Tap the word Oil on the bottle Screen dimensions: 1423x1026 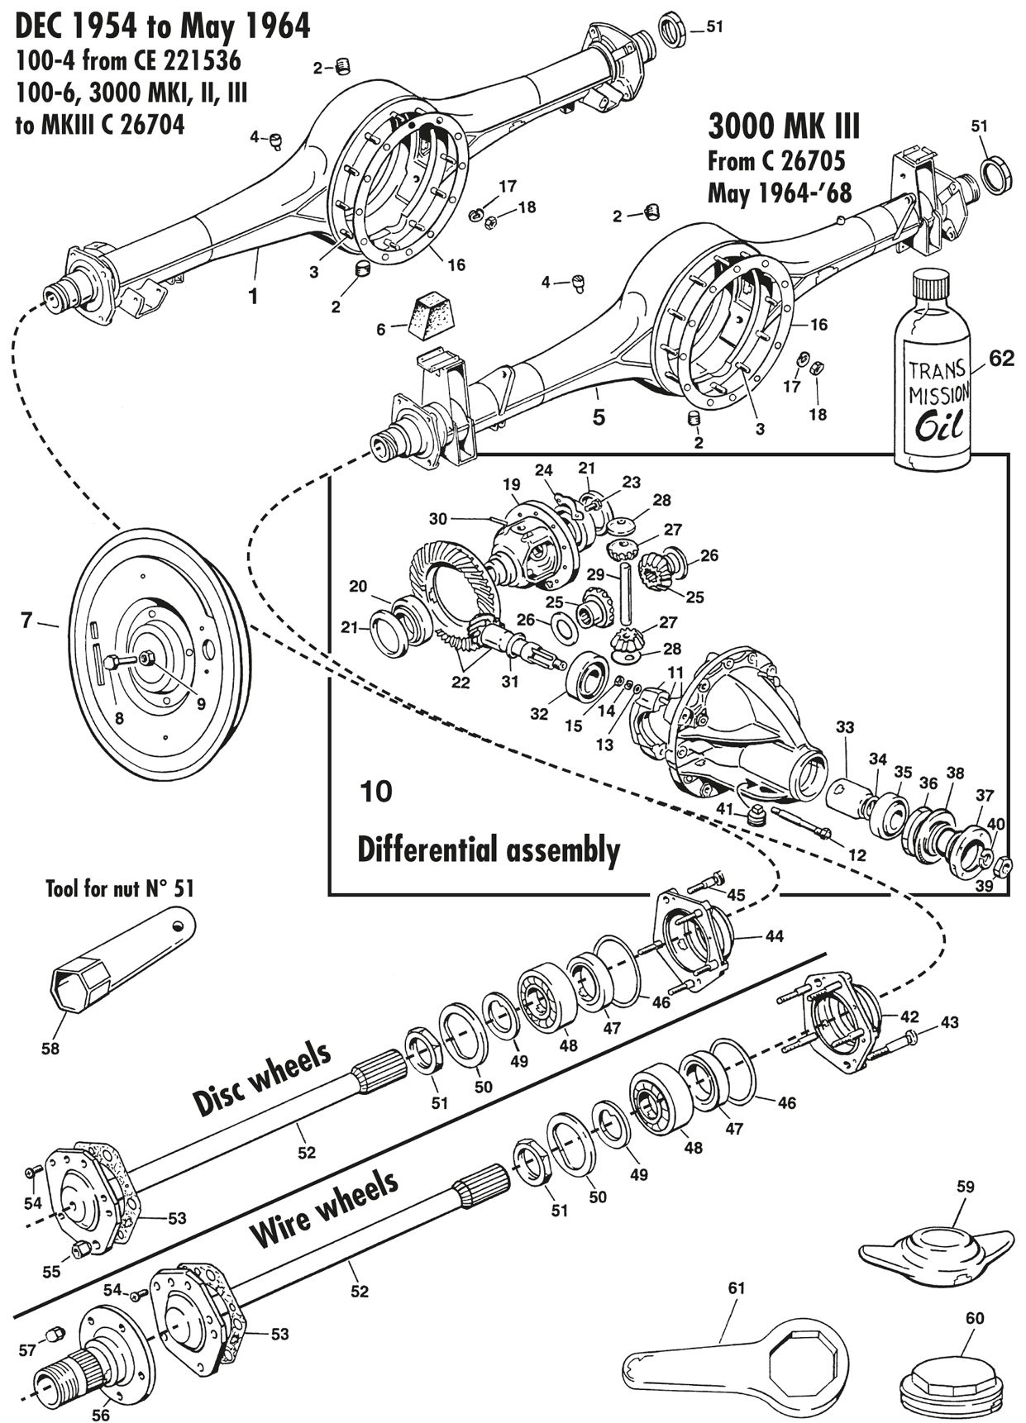(938, 428)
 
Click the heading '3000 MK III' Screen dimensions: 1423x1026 (784, 128)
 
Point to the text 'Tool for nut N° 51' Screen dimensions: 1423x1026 (119, 889)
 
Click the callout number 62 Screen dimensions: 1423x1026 (1001, 358)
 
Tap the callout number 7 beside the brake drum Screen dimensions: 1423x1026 (27, 619)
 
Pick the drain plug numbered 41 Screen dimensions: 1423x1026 (756, 816)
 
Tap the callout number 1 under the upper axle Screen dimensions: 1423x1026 (254, 296)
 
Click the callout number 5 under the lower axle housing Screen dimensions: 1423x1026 (599, 417)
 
